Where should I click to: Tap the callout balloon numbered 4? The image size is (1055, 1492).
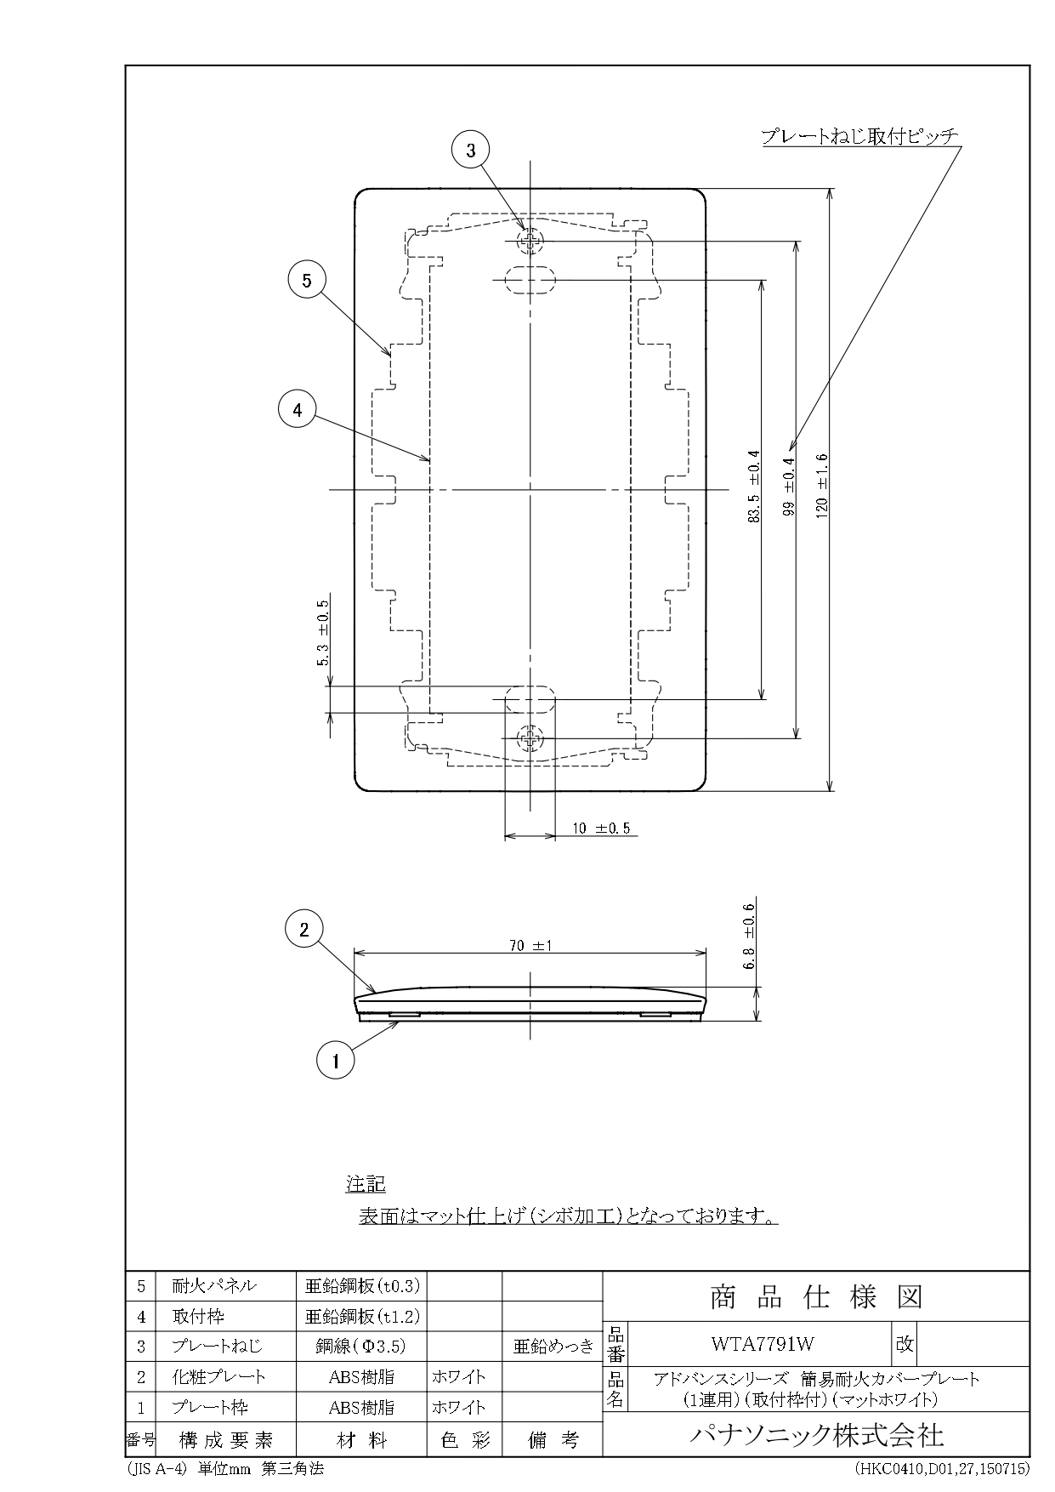[x=298, y=410]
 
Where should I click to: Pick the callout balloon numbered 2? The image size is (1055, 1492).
[x=304, y=930]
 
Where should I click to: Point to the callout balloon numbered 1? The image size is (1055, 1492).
[x=336, y=1061]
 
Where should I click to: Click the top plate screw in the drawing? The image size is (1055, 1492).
[x=530, y=242]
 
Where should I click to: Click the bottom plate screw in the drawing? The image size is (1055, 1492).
[x=530, y=738]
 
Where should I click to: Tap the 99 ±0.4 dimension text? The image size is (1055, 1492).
[x=788, y=487]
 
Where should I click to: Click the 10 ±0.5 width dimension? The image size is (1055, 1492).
[x=601, y=828]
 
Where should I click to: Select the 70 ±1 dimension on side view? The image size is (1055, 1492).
[x=530, y=945]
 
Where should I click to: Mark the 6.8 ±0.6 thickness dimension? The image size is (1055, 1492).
[x=750, y=937]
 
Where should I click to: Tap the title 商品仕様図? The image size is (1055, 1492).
[x=815, y=1297]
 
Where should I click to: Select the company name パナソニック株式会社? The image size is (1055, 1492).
[x=815, y=1436]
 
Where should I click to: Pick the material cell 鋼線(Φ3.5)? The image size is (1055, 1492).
[x=361, y=1346]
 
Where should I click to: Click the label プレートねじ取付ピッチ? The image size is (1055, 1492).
[x=859, y=136]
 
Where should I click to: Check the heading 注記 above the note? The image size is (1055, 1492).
[x=366, y=1183]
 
